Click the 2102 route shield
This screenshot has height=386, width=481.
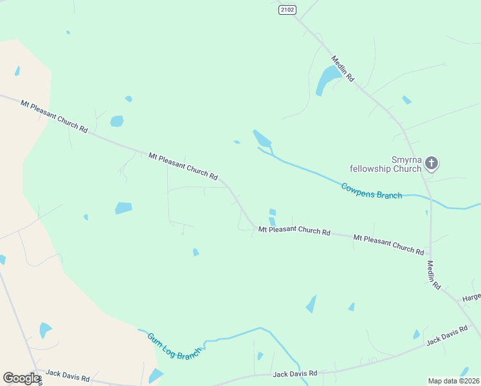(x=287, y=10)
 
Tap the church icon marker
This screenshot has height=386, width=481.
(x=431, y=163)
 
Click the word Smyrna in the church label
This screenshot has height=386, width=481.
(x=406, y=160)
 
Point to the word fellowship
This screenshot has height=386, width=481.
(x=370, y=169)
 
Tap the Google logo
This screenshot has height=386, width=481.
(x=21, y=378)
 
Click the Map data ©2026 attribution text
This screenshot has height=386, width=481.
(x=453, y=381)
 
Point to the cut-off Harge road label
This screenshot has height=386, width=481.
(x=471, y=298)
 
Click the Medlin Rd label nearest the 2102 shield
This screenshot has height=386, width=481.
(x=343, y=69)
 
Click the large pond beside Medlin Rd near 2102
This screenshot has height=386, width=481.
(x=327, y=80)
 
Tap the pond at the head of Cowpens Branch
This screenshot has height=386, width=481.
(x=262, y=138)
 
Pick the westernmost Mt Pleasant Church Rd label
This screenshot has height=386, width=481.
(x=53, y=116)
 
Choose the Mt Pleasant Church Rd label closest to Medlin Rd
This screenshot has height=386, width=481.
(x=388, y=244)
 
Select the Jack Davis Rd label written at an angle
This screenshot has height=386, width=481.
(x=446, y=335)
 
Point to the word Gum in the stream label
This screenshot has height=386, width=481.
(x=154, y=338)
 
